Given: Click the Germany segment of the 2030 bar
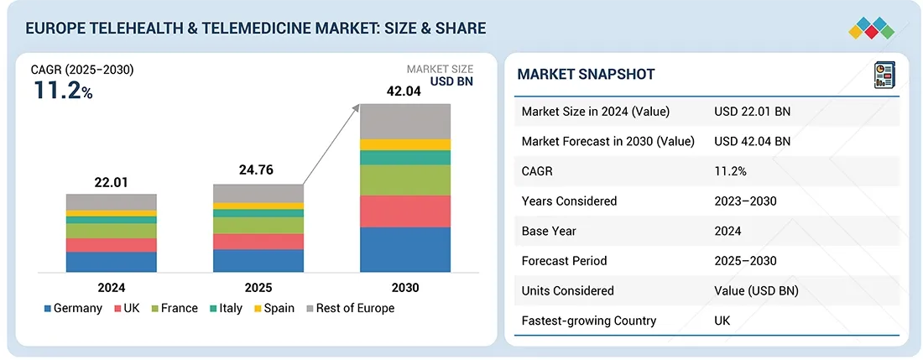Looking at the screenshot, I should pos(405,249).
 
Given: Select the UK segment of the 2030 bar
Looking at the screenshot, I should pos(405,211).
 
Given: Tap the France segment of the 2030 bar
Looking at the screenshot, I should pos(405,180).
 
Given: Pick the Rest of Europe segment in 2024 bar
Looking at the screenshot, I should pos(112,201).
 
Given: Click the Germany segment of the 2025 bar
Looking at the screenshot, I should pos(258,260).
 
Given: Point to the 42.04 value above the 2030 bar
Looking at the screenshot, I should pos(406,91).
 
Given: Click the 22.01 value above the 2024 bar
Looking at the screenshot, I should pos(111,182).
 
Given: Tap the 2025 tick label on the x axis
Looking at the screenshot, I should pos(258,288).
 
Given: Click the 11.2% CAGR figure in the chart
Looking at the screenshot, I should pos(63,91).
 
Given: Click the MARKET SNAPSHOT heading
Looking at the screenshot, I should pos(586,75).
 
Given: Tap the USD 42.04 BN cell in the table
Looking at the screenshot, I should pos(753,141).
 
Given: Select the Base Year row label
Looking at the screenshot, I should pos(549,231).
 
